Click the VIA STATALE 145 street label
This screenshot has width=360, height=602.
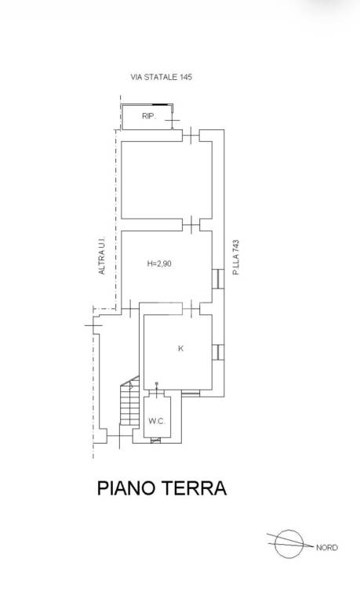click(162, 77)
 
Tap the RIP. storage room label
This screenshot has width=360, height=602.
click(149, 116)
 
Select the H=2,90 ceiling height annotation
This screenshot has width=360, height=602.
click(159, 263)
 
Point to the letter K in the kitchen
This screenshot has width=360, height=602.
click(180, 349)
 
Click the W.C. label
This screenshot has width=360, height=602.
click(157, 421)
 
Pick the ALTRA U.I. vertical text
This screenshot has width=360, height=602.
click(102, 256)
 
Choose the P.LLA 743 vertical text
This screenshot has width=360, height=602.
click(235, 257)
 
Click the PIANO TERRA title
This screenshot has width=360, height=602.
click(162, 488)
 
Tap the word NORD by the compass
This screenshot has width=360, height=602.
click(326, 548)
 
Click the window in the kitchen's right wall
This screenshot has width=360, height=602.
click(218, 353)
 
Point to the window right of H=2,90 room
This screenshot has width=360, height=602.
click(218, 278)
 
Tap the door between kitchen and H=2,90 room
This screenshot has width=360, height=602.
click(191, 308)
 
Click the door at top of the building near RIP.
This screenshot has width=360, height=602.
click(191, 136)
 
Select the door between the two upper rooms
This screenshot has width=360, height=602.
click(191, 225)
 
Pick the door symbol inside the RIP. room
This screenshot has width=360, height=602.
click(173, 120)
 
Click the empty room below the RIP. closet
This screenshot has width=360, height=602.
click(166, 180)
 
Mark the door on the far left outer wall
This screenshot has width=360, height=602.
click(93, 325)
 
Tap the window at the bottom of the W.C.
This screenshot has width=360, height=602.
click(155, 441)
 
